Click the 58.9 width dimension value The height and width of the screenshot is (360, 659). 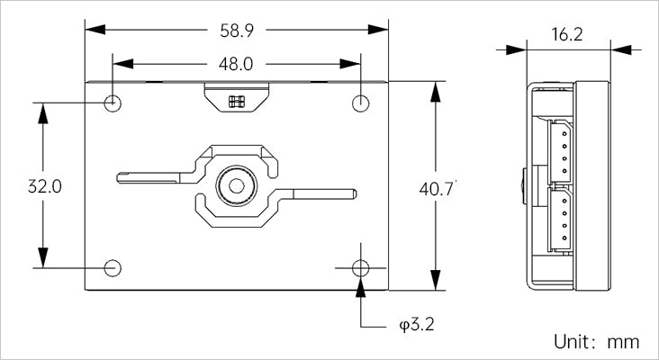pyautogui.click(x=237, y=31)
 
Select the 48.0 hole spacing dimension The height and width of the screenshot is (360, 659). pyautogui.click(x=236, y=64)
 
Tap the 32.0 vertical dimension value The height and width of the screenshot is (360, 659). pyautogui.click(x=45, y=186)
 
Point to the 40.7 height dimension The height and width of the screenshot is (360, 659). pyautogui.click(x=436, y=189)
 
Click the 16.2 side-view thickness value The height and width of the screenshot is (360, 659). pyautogui.click(x=567, y=34)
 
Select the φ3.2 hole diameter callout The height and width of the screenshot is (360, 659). pyautogui.click(x=417, y=324)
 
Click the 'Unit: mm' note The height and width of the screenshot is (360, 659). pyautogui.click(x=596, y=341)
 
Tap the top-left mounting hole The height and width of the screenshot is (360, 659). pyautogui.click(x=113, y=103)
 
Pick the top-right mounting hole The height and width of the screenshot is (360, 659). pyautogui.click(x=361, y=103)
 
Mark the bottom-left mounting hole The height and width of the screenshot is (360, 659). pyautogui.click(x=113, y=268)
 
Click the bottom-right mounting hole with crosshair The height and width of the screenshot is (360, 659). pyautogui.click(x=361, y=268)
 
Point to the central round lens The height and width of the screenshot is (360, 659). pyautogui.click(x=236, y=185)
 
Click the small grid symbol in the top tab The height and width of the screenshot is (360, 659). pyautogui.click(x=237, y=102)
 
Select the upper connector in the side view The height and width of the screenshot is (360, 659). pyautogui.click(x=560, y=151)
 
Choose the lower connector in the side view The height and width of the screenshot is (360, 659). pyautogui.click(x=560, y=219)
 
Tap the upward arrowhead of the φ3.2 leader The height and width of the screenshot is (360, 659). pyautogui.click(x=361, y=287)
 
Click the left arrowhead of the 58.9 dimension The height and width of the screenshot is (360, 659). pyautogui.click(x=95, y=30)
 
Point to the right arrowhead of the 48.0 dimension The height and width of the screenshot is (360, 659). pyautogui.click(x=350, y=64)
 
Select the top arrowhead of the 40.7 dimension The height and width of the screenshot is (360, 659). pyautogui.click(x=436, y=92)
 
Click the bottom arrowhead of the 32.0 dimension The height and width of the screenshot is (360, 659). pyautogui.click(x=43, y=257)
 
